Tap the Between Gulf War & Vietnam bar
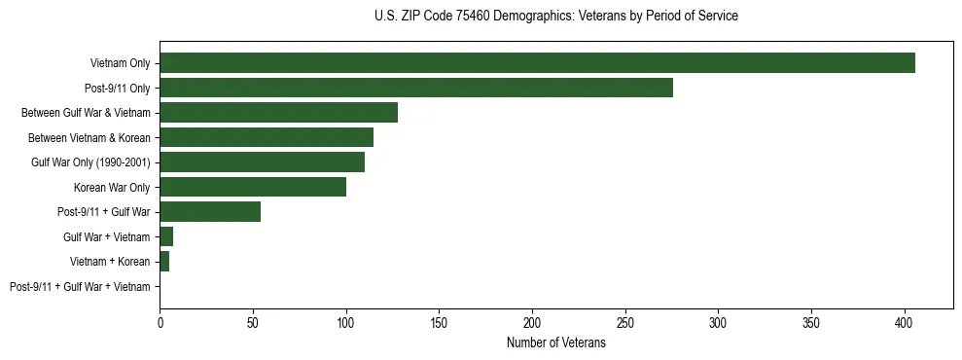278,112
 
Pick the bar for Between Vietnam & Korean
267,137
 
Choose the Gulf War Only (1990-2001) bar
262,162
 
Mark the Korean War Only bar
253,187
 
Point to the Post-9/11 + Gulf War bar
210,211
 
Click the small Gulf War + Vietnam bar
166,236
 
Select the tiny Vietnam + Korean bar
164,262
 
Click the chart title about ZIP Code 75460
555,17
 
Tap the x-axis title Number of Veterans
555,343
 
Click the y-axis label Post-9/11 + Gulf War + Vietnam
80,286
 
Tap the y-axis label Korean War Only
112,187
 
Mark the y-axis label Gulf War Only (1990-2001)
90,162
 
